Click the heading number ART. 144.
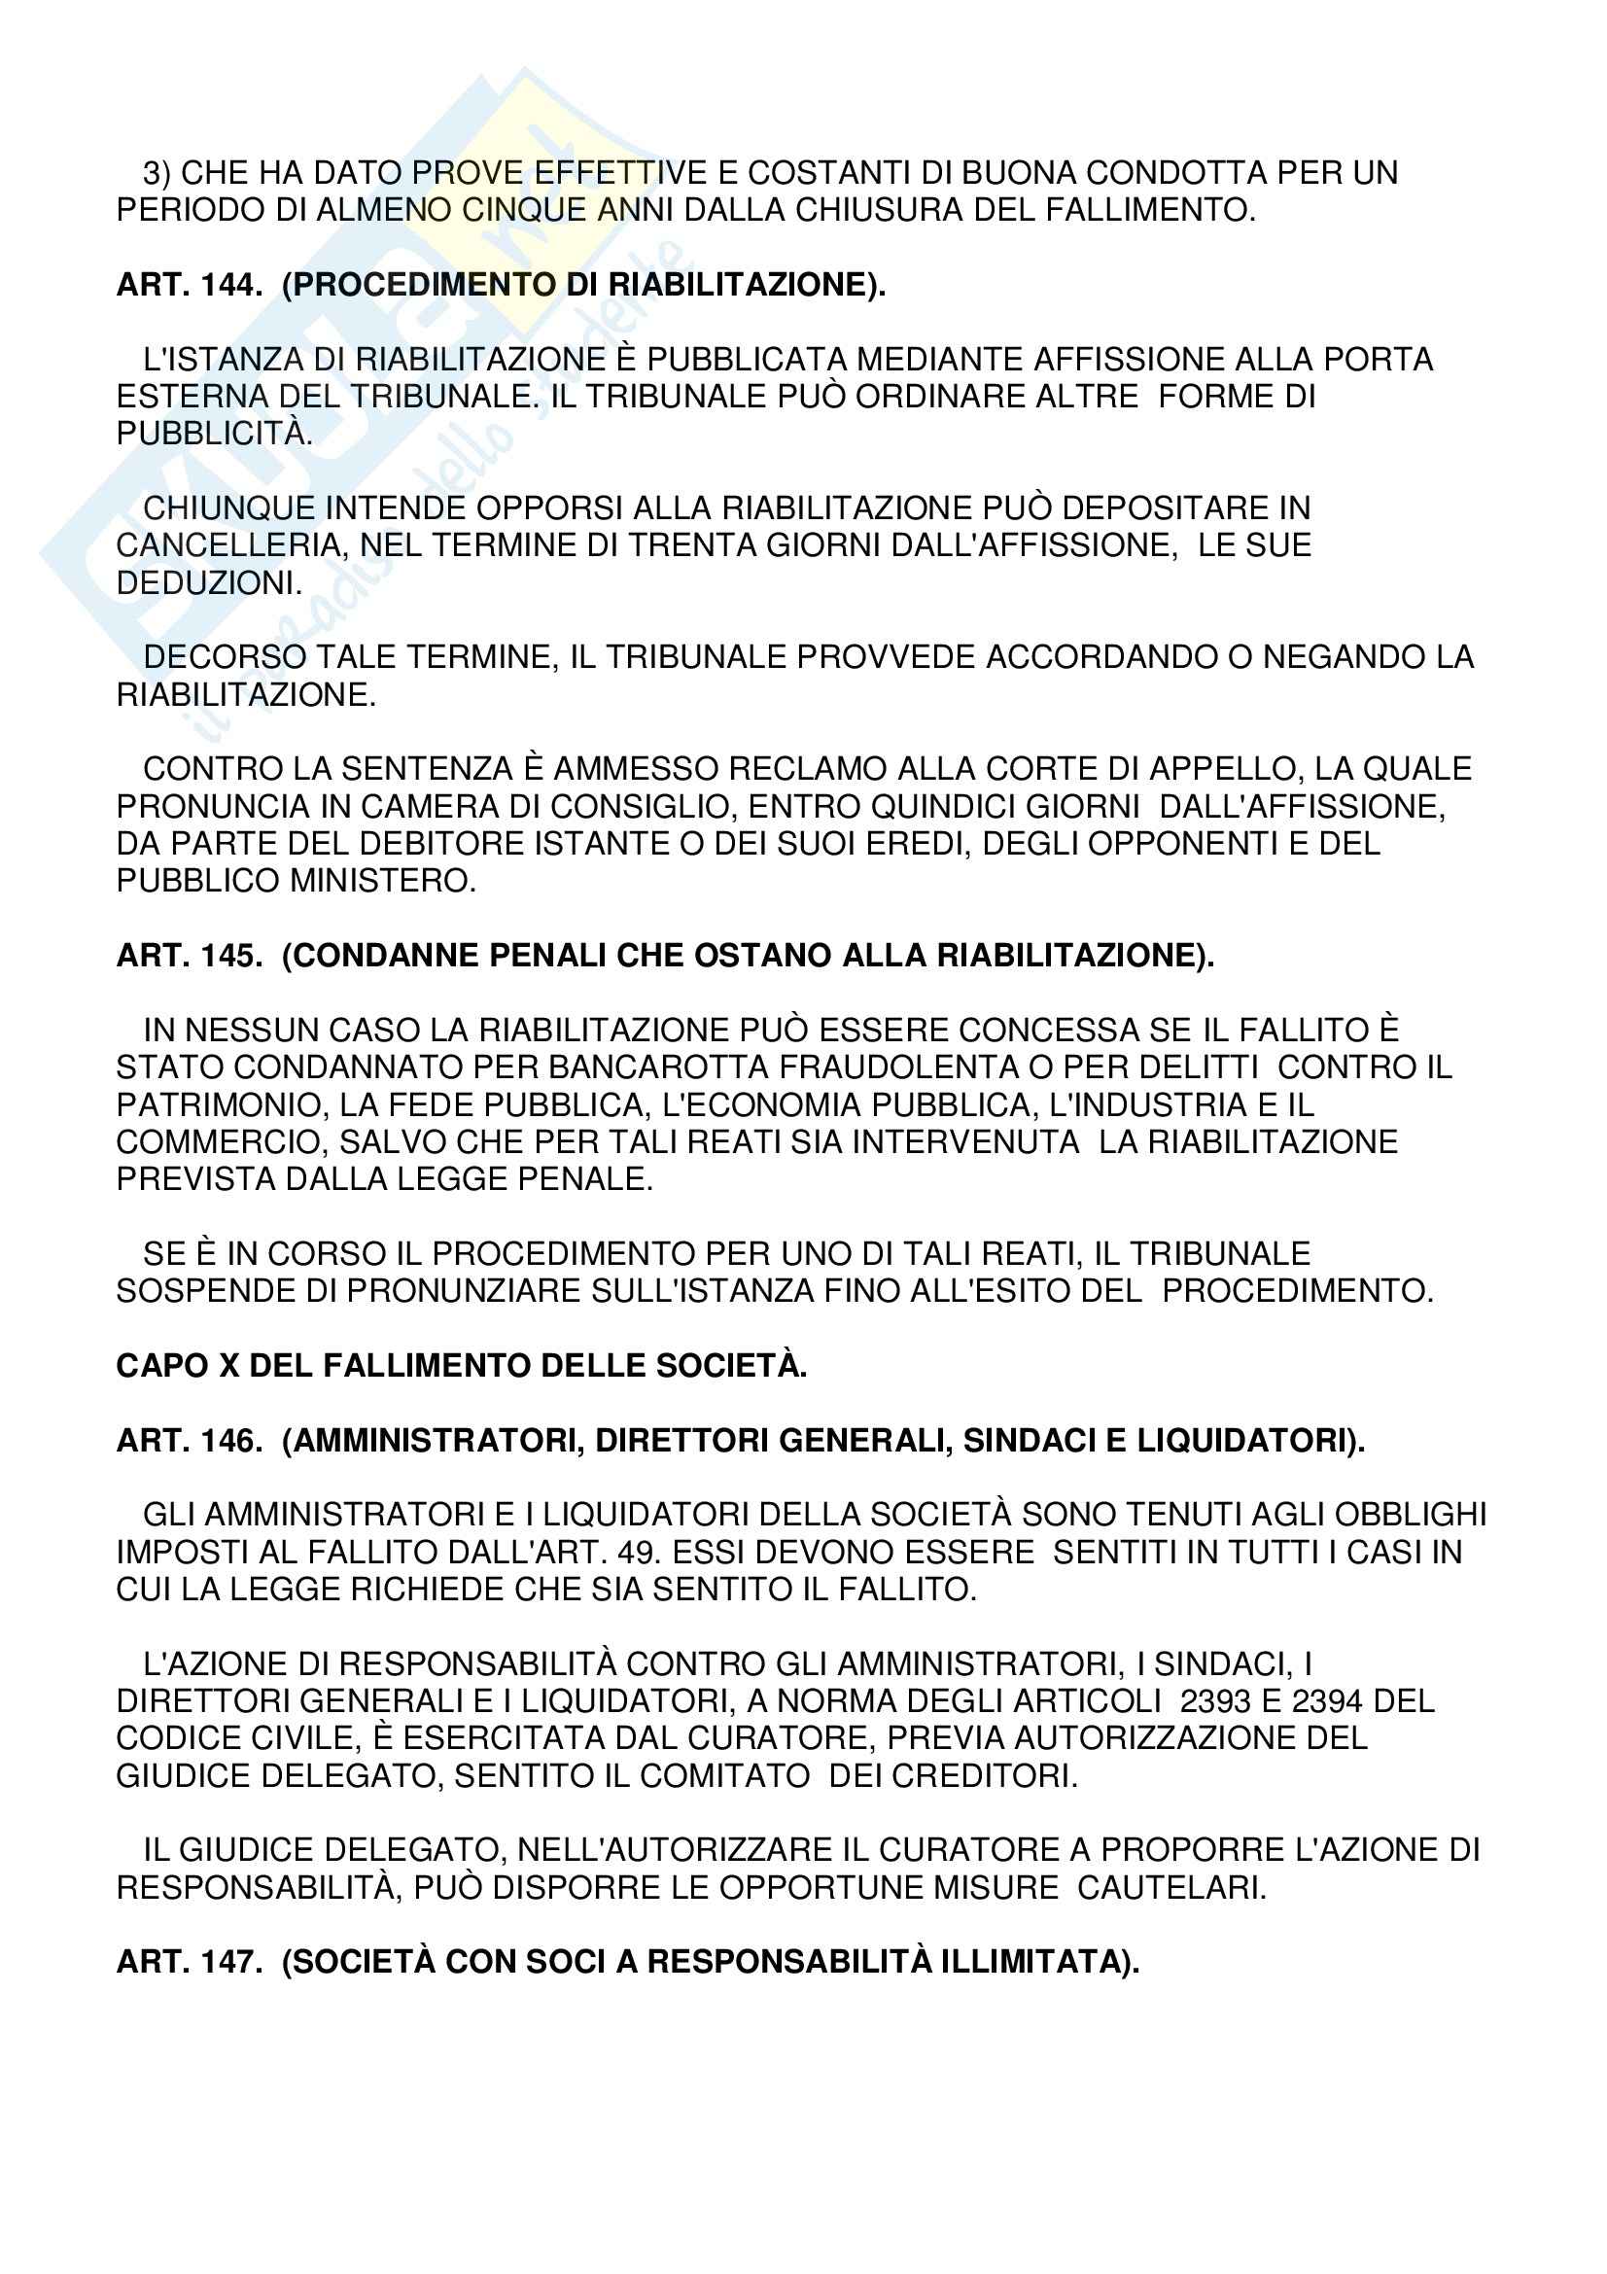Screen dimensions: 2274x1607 [x=189, y=285]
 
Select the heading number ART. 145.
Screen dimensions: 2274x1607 [x=189, y=956]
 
